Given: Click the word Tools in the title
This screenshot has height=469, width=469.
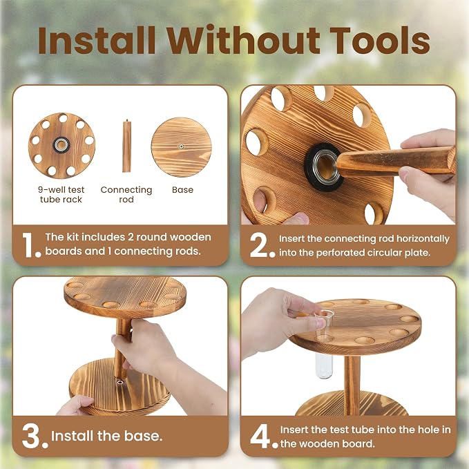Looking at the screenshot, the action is [380, 40].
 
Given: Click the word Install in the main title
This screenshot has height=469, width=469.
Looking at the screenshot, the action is [97, 40].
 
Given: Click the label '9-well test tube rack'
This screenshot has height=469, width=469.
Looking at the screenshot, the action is [61, 194].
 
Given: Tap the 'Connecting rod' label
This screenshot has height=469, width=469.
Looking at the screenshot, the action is [126, 194].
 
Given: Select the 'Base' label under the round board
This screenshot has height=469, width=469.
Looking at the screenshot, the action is [182, 190].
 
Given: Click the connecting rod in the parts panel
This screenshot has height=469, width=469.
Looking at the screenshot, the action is [126, 146].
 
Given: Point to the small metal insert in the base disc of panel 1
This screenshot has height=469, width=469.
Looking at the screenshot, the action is [181, 146].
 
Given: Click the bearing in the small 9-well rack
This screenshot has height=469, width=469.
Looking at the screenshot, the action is [61, 145].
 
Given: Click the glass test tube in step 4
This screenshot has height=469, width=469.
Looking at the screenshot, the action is [324, 344].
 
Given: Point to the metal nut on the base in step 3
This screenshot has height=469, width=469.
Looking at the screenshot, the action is [120, 382].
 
